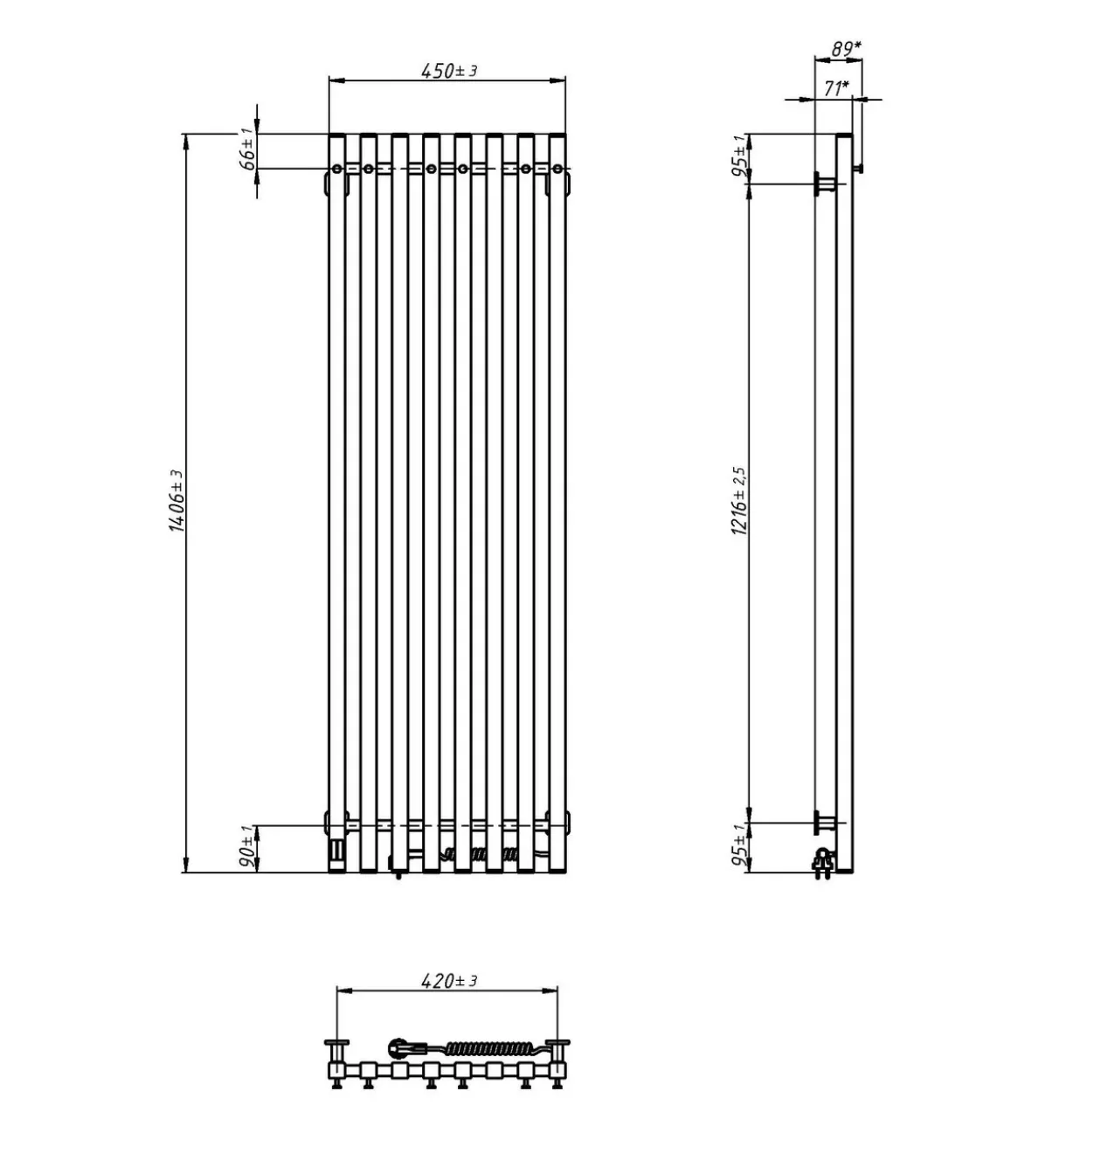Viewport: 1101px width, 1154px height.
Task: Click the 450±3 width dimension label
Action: pyautogui.click(x=449, y=71)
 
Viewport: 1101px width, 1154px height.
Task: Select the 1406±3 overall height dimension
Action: pyautogui.click(x=177, y=501)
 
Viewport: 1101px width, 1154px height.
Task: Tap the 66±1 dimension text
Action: pyautogui.click(x=248, y=149)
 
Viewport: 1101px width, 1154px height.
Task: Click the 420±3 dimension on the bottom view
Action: pyautogui.click(x=449, y=980)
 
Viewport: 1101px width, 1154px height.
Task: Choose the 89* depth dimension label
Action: pyautogui.click(x=846, y=49)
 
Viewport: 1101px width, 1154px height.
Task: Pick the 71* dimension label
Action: pyautogui.click(x=836, y=88)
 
